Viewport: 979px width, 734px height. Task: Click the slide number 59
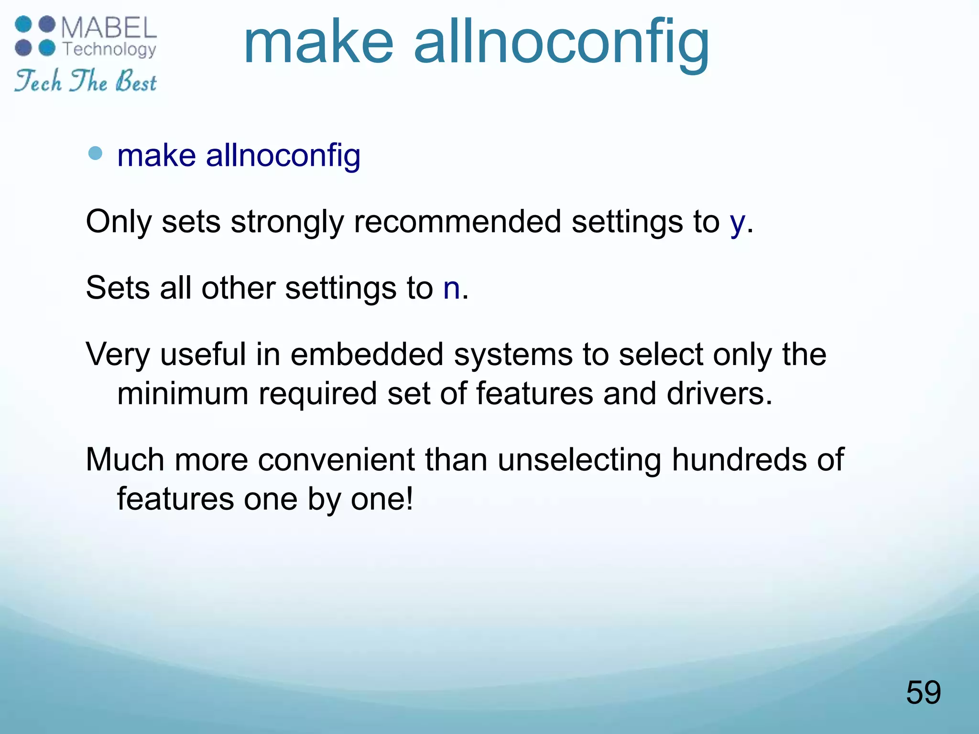[923, 692]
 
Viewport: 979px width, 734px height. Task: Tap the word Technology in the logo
[109, 49]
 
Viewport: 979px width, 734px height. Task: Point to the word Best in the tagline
[136, 81]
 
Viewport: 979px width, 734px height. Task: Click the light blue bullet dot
[96, 153]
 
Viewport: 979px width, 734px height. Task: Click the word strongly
[287, 223]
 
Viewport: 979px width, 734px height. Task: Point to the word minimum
[183, 394]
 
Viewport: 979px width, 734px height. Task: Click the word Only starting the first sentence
[119, 223]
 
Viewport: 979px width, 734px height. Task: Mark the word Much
[125, 460]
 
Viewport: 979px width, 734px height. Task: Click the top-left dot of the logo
[23, 24]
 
